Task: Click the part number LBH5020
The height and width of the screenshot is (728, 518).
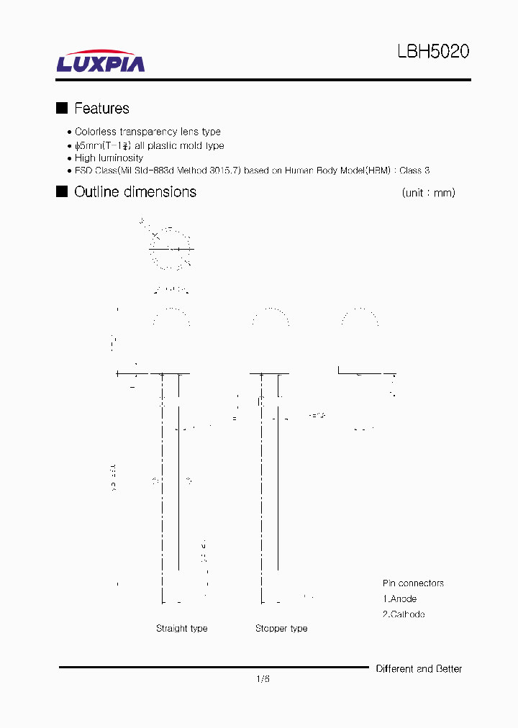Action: click(433, 52)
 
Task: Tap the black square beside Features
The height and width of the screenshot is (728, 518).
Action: click(62, 108)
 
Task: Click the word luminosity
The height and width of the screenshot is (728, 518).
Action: click(119, 158)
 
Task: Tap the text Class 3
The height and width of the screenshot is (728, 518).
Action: click(414, 170)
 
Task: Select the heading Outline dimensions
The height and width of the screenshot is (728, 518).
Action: click(135, 192)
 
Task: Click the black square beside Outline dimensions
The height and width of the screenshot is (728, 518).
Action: click(62, 191)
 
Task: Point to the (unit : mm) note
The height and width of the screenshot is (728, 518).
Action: click(428, 193)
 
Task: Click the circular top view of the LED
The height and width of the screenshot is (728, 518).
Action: click(171, 249)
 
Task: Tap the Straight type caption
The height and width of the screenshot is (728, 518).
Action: click(182, 628)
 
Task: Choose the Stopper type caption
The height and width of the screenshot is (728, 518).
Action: click(281, 628)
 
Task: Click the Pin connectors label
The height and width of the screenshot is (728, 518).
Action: click(413, 583)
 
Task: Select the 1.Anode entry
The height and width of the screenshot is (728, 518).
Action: click(400, 599)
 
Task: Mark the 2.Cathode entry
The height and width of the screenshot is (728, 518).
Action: click(404, 614)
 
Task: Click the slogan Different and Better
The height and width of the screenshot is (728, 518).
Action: click(419, 669)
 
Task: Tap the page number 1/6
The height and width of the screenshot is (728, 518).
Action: click(263, 678)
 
